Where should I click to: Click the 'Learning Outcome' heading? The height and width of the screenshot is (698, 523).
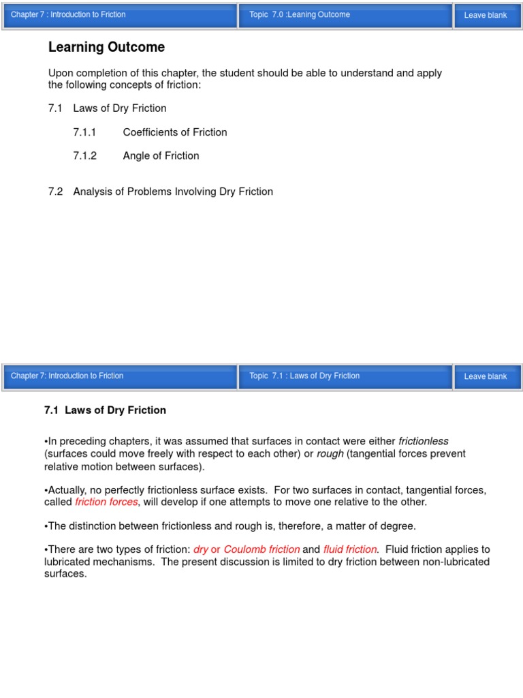point(106,47)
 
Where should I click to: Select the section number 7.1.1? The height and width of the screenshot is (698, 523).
point(84,132)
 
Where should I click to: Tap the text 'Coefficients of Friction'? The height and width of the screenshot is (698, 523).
point(175,132)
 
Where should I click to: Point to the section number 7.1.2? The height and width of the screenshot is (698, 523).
point(84,155)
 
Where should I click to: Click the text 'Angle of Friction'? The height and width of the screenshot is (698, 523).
point(161,155)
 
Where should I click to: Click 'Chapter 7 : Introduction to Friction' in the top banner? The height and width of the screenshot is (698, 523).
point(68,14)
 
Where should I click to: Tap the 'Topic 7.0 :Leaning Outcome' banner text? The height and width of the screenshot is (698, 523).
point(300,14)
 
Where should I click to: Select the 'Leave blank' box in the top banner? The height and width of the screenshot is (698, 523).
point(486,15)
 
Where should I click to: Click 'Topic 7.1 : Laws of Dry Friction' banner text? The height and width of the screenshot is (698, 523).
point(304,376)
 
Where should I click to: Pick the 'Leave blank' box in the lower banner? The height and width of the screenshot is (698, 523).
point(486,376)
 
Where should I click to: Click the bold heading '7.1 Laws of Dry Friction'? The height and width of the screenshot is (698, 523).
point(105,410)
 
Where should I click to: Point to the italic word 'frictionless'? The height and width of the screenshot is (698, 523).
point(424,441)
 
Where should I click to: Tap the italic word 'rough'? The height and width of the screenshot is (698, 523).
point(330,454)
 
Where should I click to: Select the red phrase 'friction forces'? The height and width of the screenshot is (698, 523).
point(106,502)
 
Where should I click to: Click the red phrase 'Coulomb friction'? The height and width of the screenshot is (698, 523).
point(261,549)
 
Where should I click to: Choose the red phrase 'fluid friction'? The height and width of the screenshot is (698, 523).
point(350,549)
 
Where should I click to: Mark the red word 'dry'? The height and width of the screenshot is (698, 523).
point(201,549)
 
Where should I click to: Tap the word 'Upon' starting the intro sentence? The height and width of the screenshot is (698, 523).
point(60,73)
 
